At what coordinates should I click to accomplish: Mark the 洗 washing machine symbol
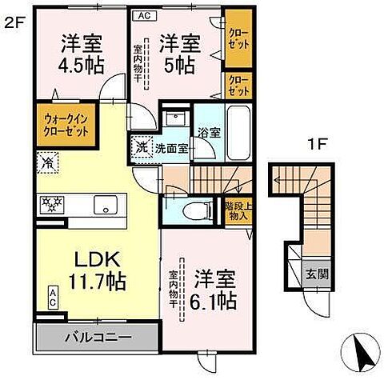pos(140,147)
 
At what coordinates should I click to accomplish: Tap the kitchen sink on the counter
pos(105,206)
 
